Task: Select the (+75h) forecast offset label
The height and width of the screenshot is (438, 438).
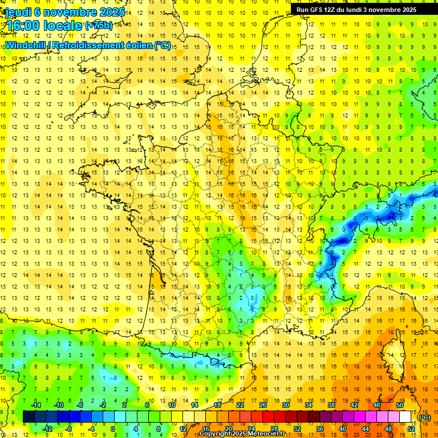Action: click(99, 25)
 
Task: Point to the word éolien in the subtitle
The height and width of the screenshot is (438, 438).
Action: click(137, 45)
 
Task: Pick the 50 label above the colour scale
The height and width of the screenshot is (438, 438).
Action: click(400, 405)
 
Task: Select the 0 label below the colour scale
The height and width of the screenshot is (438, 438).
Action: click(113, 429)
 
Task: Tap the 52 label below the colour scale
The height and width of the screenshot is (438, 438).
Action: click(411, 429)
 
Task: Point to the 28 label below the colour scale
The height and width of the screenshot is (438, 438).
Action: click(274, 429)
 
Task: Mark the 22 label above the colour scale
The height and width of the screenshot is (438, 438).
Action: click(240, 405)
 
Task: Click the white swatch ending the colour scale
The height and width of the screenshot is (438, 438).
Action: click(405, 417)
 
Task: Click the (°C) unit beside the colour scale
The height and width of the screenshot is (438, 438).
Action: click(425, 417)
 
